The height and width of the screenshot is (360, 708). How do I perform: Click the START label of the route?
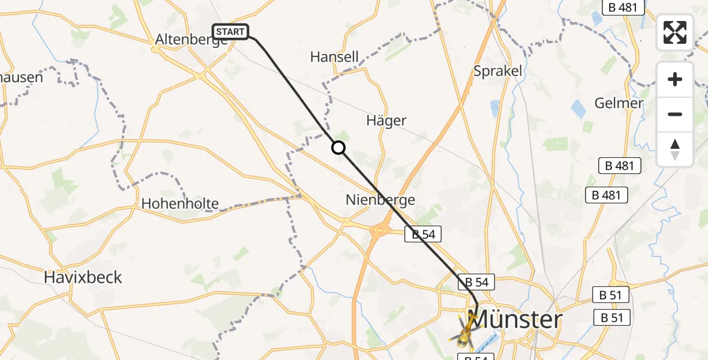click(230, 32)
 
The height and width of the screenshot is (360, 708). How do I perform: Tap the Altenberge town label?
click(186, 40)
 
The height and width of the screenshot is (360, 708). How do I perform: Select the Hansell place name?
click(334, 57)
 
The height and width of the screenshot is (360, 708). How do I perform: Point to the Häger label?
click(386, 121)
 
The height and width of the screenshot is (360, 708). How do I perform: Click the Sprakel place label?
click(499, 71)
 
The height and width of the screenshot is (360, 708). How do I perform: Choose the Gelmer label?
click(619, 103)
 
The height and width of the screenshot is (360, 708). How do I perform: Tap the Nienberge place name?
click(380, 200)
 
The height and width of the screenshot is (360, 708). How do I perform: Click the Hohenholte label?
click(180, 203)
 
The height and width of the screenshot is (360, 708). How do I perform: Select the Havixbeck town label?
click(83, 277)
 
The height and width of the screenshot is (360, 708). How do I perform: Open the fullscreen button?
click(675, 32)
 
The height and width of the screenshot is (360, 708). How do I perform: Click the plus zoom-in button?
click(675, 80)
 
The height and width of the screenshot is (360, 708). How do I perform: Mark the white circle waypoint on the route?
click(338, 148)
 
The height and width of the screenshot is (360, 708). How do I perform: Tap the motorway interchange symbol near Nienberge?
click(380, 230)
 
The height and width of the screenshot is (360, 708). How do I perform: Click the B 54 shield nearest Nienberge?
click(423, 235)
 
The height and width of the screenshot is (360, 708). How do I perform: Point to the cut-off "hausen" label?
click(22, 77)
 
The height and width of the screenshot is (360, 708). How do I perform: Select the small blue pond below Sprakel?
click(495, 108)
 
